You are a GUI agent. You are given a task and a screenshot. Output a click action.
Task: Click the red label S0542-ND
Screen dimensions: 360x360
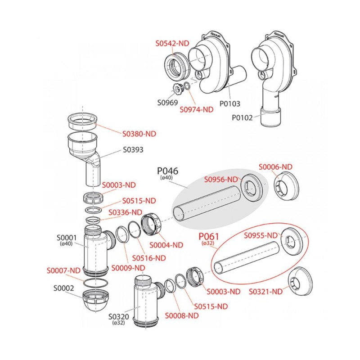pyautogui.click(x=172, y=43)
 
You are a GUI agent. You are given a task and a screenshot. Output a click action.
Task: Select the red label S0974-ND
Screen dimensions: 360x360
pyautogui.click(x=196, y=109)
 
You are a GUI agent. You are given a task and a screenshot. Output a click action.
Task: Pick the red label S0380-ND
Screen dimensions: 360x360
pyautogui.click(x=139, y=134)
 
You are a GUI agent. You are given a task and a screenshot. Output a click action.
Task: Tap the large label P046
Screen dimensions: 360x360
pyautogui.click(x=167, y=171)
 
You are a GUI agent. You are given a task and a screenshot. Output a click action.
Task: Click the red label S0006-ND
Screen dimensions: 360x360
pyautogui.click(x=275, y=167)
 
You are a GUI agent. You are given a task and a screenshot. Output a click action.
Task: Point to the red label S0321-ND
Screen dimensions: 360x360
pyautogui.click(x=266, y=291)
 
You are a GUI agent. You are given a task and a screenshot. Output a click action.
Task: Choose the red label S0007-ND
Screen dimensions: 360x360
pyautogui.click(x=63, y=270)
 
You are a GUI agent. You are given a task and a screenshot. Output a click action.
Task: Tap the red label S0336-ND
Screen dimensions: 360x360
pyautogui.click(x=127, y=212)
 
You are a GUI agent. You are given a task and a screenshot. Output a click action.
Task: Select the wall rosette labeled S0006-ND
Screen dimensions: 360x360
pyautogui.click(x=284, y=186)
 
